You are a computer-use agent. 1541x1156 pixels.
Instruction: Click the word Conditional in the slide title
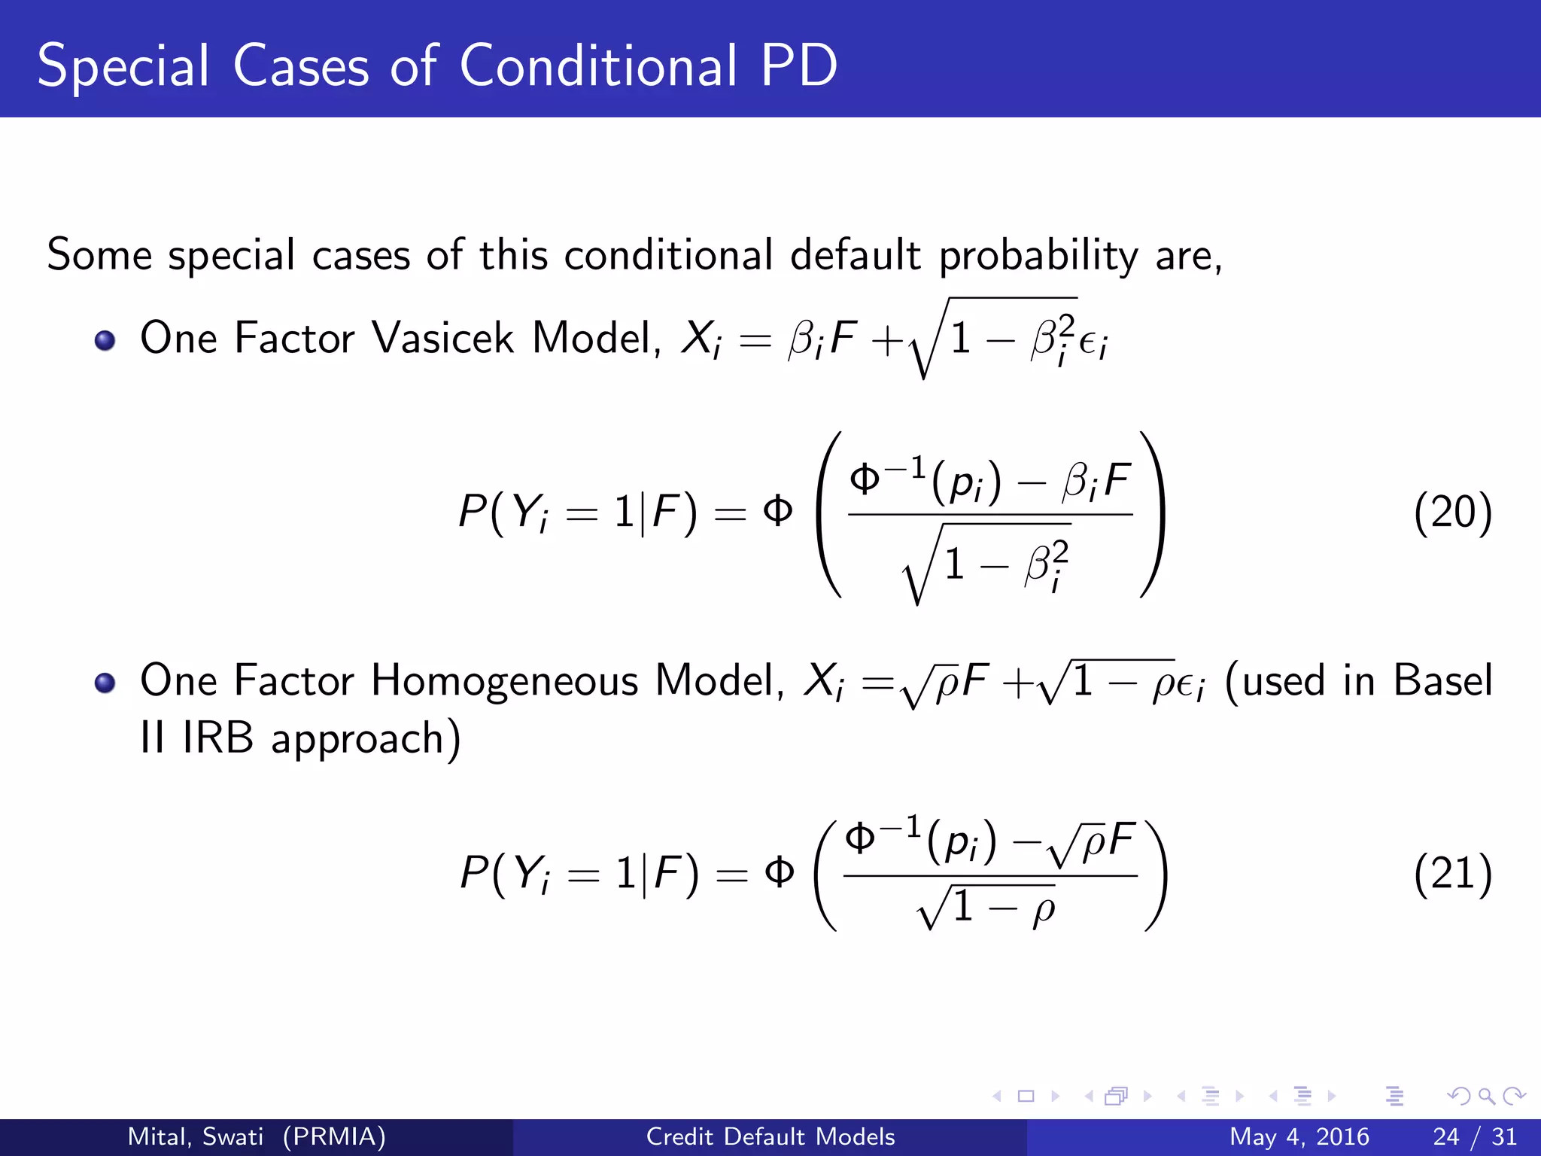click(x=598, y=66)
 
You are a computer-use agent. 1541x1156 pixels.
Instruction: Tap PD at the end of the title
click(x=799, y=66)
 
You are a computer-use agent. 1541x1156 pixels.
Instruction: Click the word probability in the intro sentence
click(x=1038, y=256)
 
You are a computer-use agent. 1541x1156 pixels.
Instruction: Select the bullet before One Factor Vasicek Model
click(x=105, y=341)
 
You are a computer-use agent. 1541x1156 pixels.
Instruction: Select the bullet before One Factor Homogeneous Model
click(x=105, y=683)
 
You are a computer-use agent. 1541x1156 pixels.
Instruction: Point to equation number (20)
click(x=1452, y=513)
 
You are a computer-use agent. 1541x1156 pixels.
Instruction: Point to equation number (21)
click(x=1452, y=875)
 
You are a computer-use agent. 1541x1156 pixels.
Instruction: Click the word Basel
click(x=1442, y=680)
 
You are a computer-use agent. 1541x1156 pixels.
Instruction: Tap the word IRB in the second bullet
click(x=217, y=738)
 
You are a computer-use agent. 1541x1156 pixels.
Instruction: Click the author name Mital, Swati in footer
click(x=196, y=1136)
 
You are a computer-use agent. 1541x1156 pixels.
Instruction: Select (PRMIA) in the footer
click(x=334, y=1136)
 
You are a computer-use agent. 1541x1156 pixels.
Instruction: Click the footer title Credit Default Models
click(x=770, y=1136)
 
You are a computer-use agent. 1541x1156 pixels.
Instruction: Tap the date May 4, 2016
click(x=1299, y=1136)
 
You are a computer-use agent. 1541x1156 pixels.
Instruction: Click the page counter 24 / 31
click(x=1475, y=1136)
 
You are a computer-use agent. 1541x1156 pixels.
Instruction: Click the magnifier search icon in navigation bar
click(x=1486, y=1097)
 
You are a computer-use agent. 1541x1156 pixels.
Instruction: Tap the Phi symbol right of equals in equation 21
click(x=779, y=873)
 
